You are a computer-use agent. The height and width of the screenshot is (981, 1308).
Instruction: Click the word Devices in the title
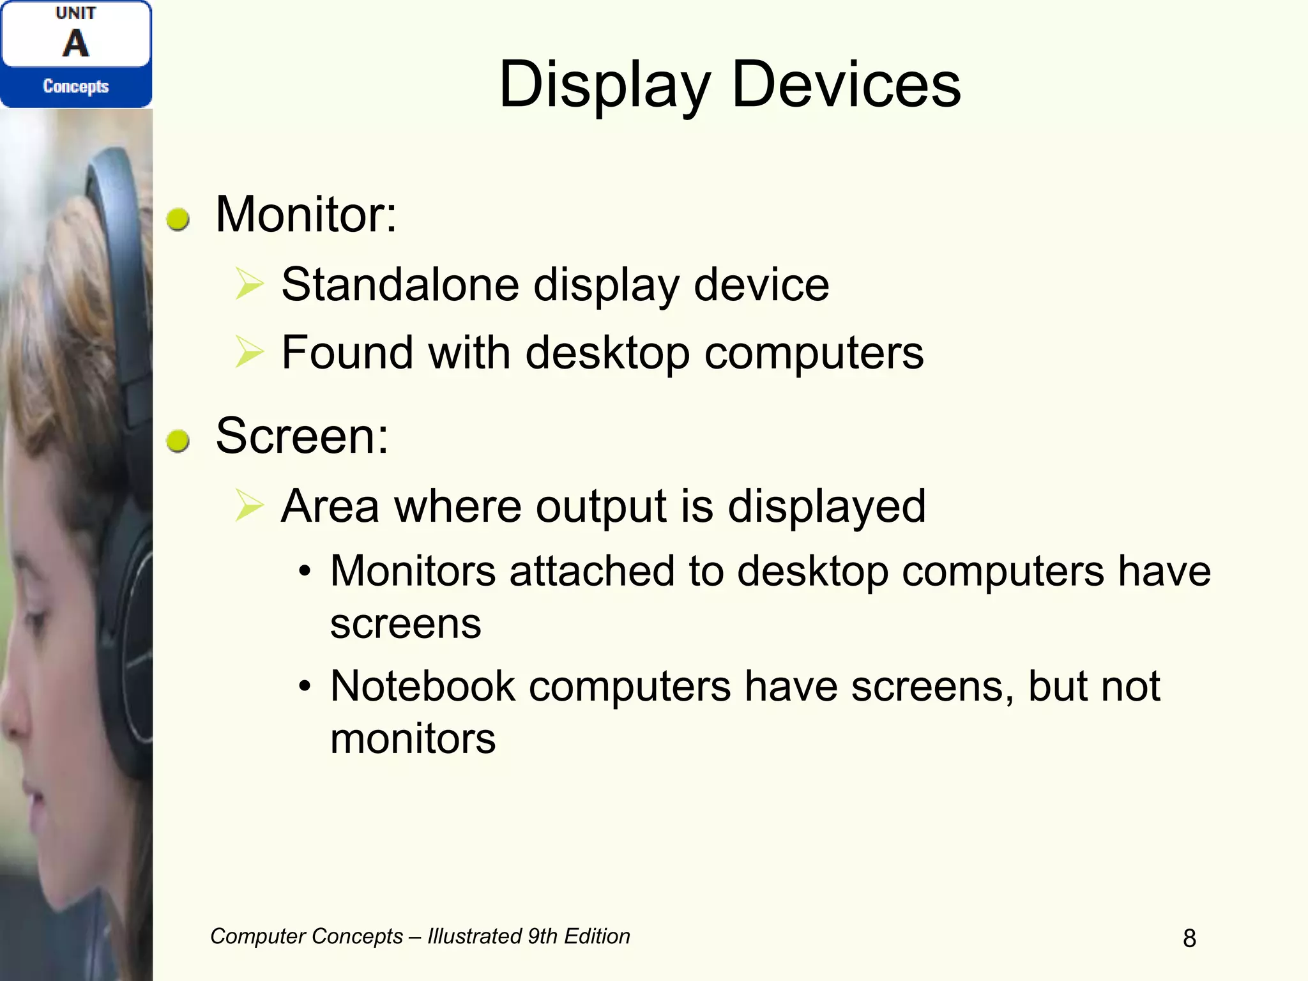[846, 85]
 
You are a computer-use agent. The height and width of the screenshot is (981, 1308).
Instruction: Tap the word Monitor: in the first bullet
[306, 215]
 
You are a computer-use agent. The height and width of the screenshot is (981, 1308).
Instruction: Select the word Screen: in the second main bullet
[302, 436]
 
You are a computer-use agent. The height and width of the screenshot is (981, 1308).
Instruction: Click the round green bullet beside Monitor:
[178, 219]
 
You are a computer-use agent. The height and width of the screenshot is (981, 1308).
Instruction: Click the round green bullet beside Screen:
[178, 441]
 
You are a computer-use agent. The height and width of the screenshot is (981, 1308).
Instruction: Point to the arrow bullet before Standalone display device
[249, 284]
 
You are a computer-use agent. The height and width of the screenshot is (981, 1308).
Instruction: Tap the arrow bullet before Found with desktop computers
[249, 352]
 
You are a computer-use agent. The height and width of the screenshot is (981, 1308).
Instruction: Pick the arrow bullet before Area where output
[249, 506]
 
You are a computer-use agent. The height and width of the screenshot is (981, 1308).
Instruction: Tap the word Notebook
[422, 687]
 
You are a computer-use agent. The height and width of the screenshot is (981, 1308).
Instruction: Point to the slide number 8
[1189, 938]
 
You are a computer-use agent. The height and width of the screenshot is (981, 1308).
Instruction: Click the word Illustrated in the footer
[475, 936]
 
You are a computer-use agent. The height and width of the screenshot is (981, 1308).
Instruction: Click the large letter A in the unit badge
[76, 43]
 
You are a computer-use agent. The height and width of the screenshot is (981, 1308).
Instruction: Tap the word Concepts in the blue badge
[76, 86]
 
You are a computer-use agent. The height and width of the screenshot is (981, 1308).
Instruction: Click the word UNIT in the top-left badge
[76, 13]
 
